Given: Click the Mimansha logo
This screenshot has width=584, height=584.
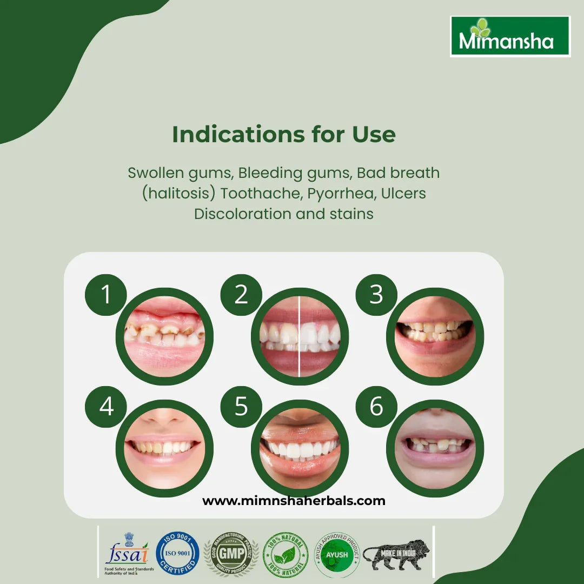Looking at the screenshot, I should click(x=510, y=37).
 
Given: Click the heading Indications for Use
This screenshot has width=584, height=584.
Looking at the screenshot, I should click(x=284, y=135).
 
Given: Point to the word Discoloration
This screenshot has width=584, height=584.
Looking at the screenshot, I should click(x=243, y=214).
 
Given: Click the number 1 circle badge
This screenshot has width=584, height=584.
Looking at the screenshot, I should click(x=106, y=295).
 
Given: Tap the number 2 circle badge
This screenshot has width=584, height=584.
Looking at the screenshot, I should click(x=241, y=295).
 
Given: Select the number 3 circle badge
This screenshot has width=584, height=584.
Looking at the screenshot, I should click(x=376, y=295).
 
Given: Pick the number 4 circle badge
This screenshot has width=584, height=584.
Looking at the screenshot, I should click(x=106, y=407).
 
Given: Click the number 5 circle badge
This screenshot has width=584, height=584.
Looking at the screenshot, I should click(x=241, y=407).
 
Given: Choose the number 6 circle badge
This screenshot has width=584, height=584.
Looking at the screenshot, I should click(x=376, y=407).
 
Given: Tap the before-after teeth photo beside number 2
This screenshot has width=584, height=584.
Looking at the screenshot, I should click(x=300, y=336).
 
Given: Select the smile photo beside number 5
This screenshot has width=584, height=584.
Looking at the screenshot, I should click(x=300, y=448).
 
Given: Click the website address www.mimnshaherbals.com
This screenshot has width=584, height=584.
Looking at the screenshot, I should click(x=294, y=501).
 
